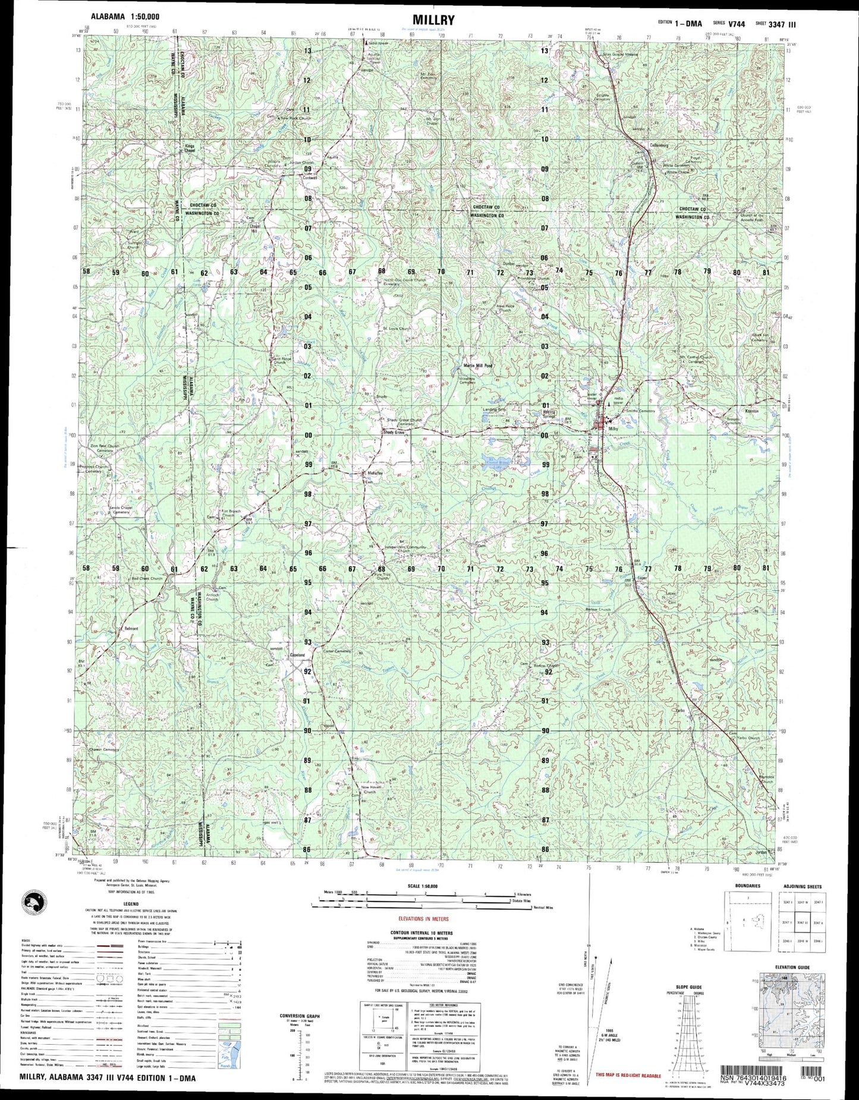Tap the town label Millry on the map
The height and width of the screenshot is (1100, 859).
(613, 428)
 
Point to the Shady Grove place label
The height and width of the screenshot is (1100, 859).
(393, 433)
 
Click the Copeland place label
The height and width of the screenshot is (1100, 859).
(297, 655)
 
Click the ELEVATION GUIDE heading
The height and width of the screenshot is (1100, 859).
(792, 967)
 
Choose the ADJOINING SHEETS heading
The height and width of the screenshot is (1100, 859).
(802, 886)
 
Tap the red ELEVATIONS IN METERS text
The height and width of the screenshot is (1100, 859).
(423, 919)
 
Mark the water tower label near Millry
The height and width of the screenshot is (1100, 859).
(592, 396)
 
